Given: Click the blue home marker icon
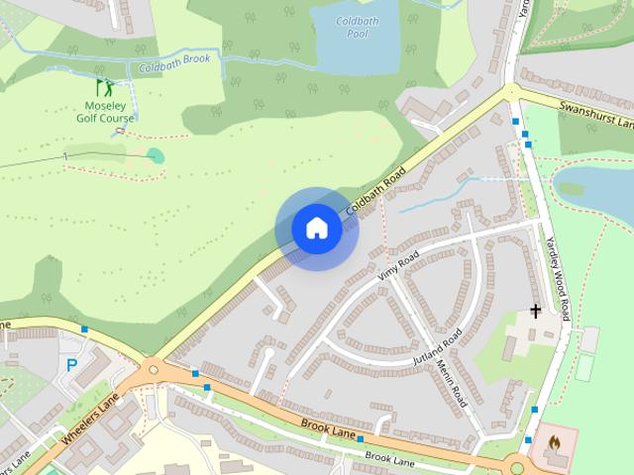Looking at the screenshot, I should click(x=317, y=229).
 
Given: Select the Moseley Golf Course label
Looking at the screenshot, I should click(x=105, y=111).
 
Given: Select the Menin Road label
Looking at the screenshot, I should click(x=451, y=382).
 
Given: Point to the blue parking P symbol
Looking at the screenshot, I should click(x=71, y=365).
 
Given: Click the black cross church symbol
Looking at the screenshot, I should click(x=536, y=311).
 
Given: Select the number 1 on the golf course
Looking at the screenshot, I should click(x=65, y=156).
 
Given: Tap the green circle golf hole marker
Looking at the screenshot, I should click(x=155, y=154).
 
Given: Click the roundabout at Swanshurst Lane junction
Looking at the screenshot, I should click(x=510, y=93).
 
